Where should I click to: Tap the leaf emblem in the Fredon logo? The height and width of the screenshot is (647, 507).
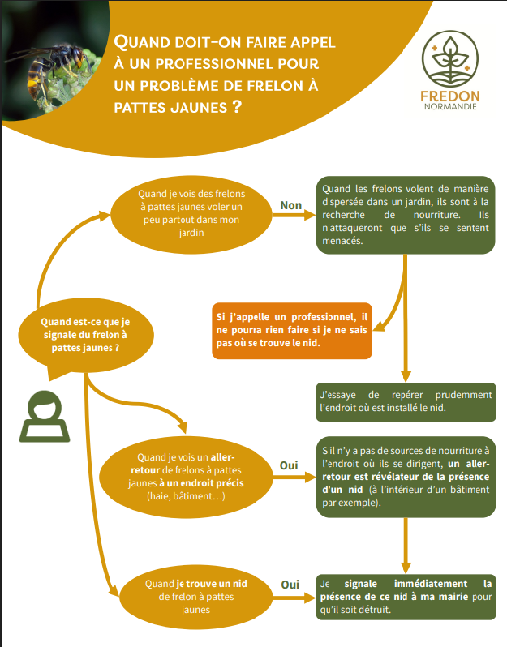450,59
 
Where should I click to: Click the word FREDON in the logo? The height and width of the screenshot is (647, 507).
450,96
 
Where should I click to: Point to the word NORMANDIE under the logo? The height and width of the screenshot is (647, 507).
450,106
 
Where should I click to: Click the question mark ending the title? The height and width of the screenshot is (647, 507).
237,106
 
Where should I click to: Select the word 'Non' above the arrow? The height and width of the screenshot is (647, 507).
290,205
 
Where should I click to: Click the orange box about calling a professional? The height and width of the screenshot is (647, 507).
292,331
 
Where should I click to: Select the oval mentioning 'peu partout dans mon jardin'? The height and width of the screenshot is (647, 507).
191,214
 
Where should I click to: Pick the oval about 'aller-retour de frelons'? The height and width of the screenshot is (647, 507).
186,476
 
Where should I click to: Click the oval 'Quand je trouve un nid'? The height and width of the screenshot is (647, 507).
195,597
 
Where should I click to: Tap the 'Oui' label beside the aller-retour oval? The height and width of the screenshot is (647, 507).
289,465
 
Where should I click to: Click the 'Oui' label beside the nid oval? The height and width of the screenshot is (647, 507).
290,585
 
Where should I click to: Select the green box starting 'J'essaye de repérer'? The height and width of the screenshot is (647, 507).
406,402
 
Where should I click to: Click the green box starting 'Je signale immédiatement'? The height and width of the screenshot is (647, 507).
406,597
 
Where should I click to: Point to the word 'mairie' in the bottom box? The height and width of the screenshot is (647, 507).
453,597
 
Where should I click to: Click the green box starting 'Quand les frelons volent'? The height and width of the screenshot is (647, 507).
406,215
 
